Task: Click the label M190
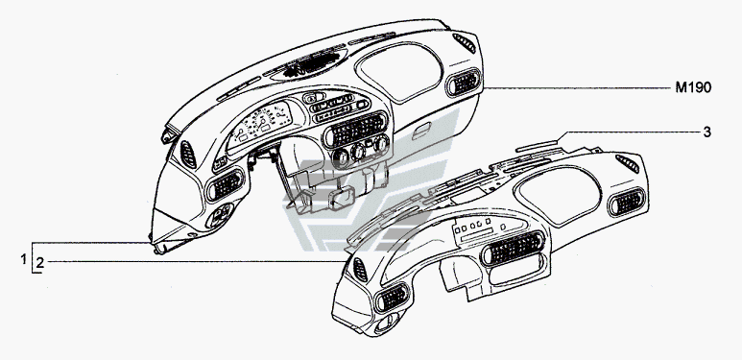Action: (x=693, y=88)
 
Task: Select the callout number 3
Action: (x=706, y=132)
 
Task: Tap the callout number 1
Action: (x=23, y=259)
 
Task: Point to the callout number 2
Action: (x=39, y=262)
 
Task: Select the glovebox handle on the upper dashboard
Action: (x=421, y=131)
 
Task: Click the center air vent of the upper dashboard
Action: (x=355, y=130)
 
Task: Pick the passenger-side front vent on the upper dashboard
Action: (x=464, y=82)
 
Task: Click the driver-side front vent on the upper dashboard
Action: (x=226, y=185)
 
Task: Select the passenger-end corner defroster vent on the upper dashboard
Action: (x=465, y=43)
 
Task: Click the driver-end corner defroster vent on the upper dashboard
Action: (x=188, y=155)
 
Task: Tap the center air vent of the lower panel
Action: (x=513, y=248)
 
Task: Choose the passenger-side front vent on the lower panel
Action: (x=627, y=202)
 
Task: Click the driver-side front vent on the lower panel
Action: (x=393, y=298)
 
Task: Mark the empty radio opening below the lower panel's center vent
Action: (x=515, y=270)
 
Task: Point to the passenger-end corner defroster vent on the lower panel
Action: (x=628, y=163)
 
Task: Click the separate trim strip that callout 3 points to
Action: (x=537, y=146)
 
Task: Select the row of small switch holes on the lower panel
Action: (x=474, y=226)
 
